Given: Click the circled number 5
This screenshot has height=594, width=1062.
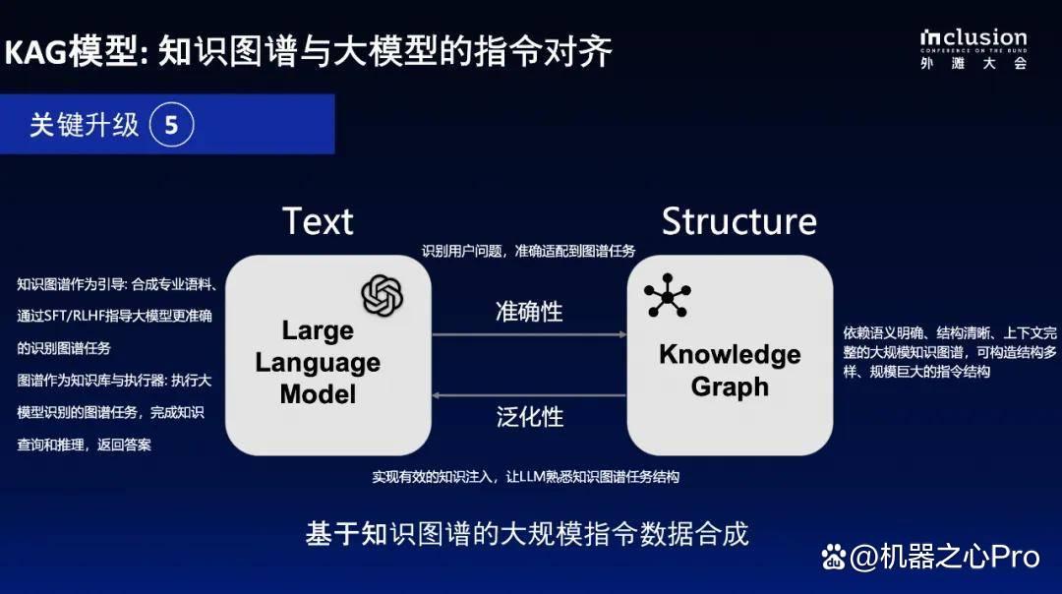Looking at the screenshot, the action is [x=171, y=125].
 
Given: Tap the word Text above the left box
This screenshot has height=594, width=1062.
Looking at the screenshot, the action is [x=318, y=221].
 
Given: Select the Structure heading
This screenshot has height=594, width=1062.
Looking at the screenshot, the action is [x=738, y=221].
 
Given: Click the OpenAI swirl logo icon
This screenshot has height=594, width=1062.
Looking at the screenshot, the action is [x=382, y=296].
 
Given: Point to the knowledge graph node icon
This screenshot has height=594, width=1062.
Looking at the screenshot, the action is [x=668, y=296].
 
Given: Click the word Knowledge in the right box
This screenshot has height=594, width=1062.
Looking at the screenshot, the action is [x=730, y=355].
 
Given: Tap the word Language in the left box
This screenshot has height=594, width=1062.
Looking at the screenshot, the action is [x=318, y=363].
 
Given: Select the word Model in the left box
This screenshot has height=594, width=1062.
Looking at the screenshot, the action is [x=318, y=394].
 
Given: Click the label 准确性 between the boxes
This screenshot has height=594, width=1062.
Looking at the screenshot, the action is [x=529, y=312].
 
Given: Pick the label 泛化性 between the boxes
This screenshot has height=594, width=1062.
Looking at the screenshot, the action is [x=530, y=417].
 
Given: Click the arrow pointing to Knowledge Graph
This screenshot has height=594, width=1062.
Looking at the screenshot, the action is [x=529, y=334].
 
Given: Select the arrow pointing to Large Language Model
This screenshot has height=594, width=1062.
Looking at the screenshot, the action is [x=529, y=395].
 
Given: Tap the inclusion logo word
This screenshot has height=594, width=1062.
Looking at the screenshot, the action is [x=973, y=38].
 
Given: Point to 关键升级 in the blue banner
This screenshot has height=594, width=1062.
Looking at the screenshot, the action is [x=84, y=125].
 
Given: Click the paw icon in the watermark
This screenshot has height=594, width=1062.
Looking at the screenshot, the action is [x=834, y=557].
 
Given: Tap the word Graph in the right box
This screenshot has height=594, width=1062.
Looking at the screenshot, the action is [x=730, y=387].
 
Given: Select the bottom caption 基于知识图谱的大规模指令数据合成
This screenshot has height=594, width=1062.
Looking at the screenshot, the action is [x=527, y=534].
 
